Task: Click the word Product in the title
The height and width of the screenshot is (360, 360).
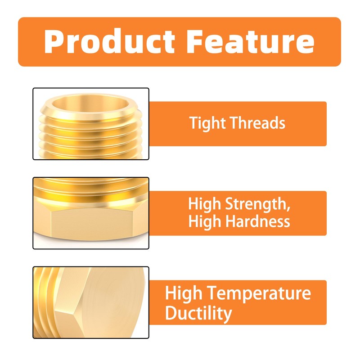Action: click(x=110, y=41)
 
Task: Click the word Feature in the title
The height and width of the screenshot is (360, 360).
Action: click(x=250, y=41)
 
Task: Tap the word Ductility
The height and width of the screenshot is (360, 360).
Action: click(x=198, y=313)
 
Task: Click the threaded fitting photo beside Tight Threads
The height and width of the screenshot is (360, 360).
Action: click(x=90, y=124)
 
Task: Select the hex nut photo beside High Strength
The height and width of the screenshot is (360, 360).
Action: click(x=90, y=213)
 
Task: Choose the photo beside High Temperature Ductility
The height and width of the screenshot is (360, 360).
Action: click(x=90, y=302)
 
